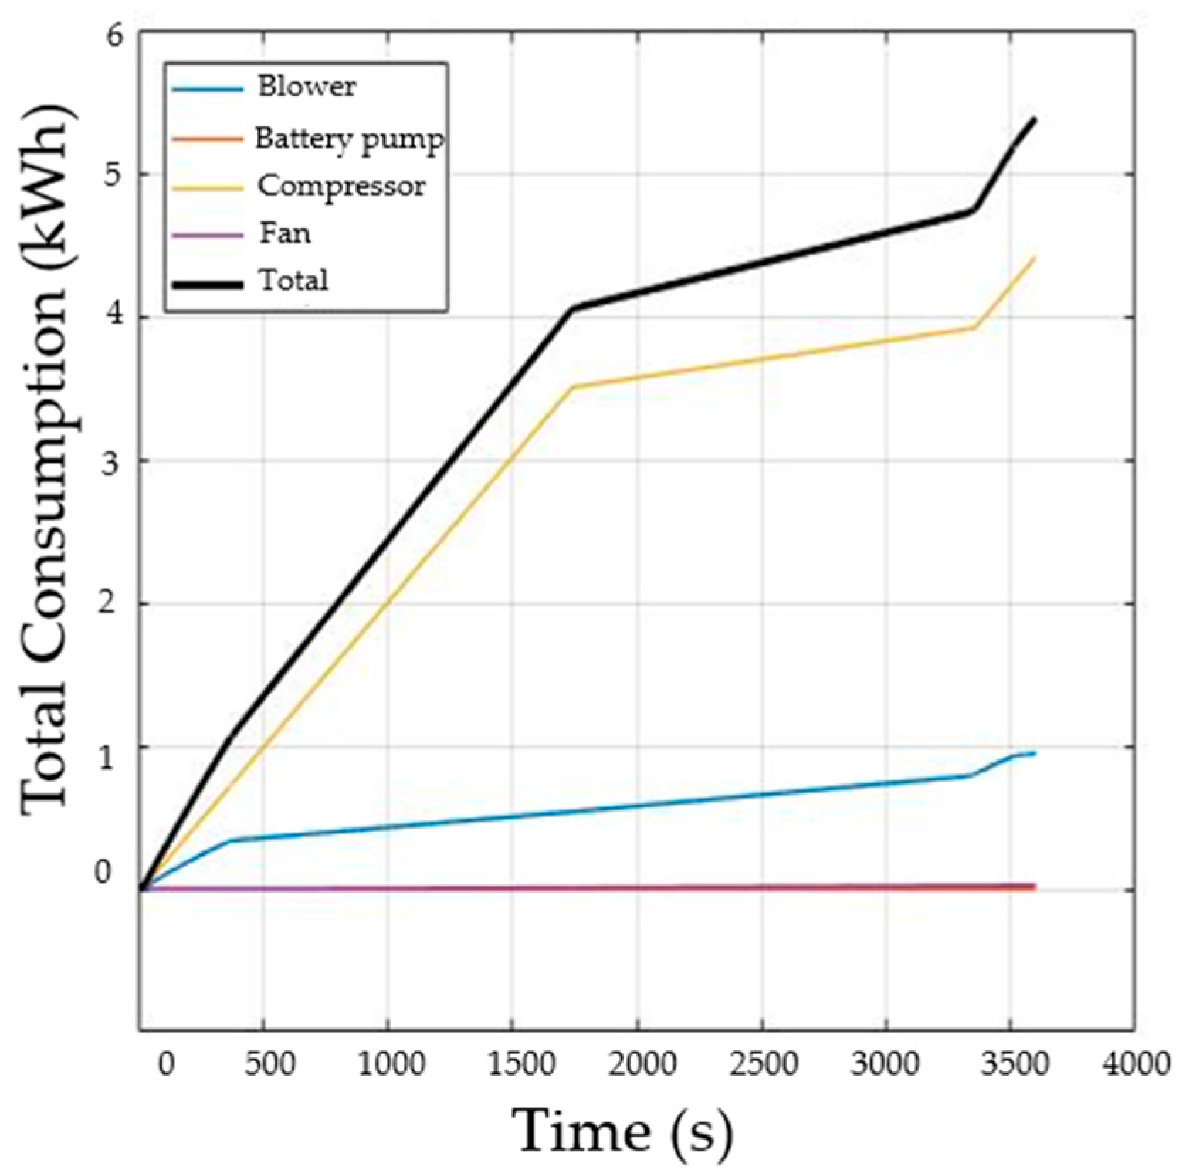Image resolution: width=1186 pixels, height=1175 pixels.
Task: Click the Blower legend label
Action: (x=306, y=87)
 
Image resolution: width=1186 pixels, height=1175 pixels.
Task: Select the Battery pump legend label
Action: (x=350, y=138)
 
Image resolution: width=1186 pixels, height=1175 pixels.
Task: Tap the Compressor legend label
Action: (x=341, y=186)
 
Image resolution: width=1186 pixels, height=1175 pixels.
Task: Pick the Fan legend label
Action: (x=284, y=233)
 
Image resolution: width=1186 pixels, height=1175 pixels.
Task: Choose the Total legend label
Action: (x=293, y=280)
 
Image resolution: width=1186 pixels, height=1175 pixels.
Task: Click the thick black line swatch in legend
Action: (x=206, y=284)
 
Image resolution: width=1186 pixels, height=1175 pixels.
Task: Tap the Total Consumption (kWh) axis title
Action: (x=45, y=454)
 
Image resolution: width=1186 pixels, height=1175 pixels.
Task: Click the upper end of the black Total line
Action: (x=1035, y=119)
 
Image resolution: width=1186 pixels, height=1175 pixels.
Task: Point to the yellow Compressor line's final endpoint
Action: (x=1035, y=258)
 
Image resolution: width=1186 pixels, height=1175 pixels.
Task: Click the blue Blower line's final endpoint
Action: (x=1035, y=753)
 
